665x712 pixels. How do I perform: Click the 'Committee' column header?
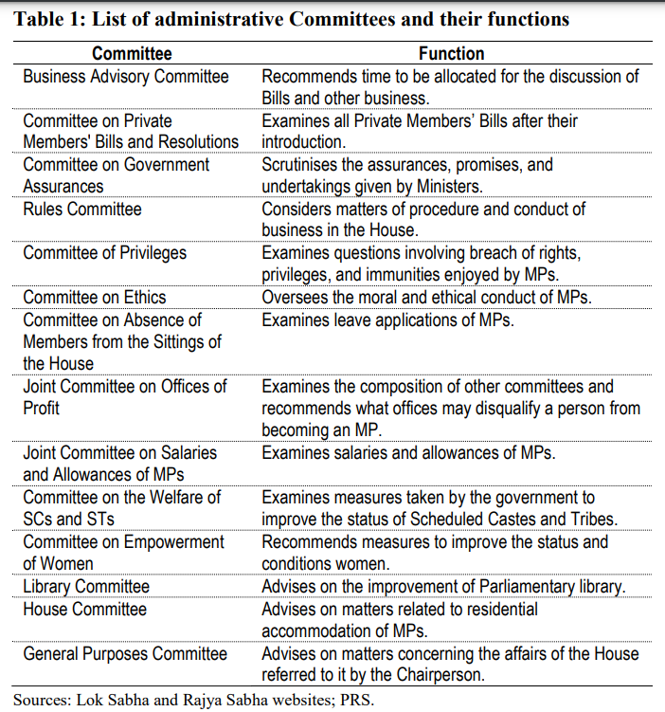[x=133, y=54]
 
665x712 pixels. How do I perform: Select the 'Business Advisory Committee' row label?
[x=126, y=76]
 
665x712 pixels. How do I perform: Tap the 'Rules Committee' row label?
[x=82, y=209]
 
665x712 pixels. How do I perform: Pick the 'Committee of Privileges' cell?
[x=105, y=253]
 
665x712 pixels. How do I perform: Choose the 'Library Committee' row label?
[x=86, y=587]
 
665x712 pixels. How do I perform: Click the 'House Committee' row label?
[x=85, y=609]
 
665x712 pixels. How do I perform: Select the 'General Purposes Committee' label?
[x=125, y=653]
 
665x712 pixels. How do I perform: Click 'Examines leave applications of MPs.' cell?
[x=387, y=319]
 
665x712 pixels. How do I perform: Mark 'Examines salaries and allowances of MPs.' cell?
[x=408, y=453]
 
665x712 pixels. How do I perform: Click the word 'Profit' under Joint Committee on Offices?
[x=42, y=409]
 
